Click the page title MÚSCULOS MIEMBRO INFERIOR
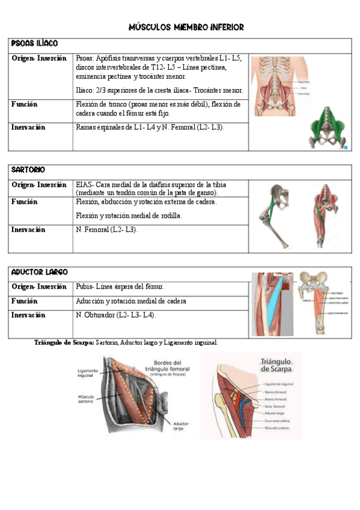pyautogui.click(x=187, y=27)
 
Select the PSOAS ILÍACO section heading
pyautogui.click(x=35, y=44)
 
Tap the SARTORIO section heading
pyautogui.click(x=28, y=170)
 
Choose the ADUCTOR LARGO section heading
pyautogui.click(x=40, y=272)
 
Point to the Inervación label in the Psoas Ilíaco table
pyautogui.click(x=28, y=127)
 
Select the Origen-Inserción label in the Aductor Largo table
pyautogui.click(x=39, y=287)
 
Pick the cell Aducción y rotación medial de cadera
pyautogui.click(x=131, y=301)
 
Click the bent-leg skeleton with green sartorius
pyautogui.click(x=272, y=217)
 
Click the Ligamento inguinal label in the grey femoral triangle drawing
pyautogui.click(x=87, y=374)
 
